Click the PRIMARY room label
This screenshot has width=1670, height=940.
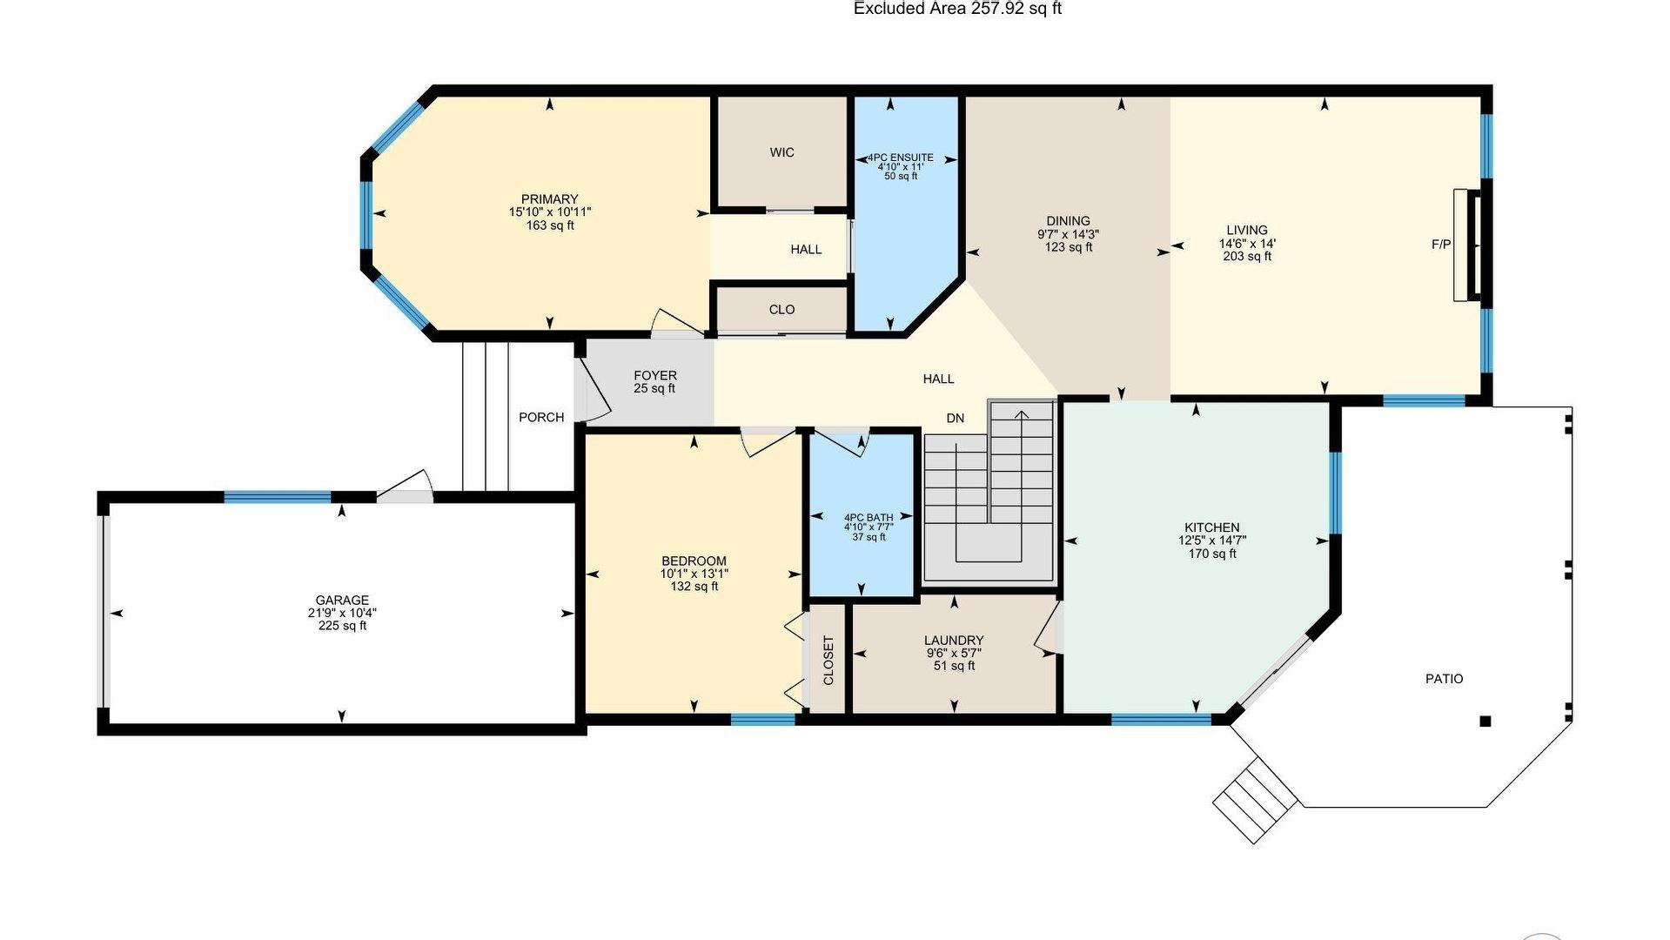tap(549, 199)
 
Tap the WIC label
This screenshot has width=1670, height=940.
tap(781, 152)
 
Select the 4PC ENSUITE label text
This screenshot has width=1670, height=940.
tap(901, 158)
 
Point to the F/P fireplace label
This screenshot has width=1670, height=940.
tap(1441, 245)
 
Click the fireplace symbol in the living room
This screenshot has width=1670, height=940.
tap(1468, 245)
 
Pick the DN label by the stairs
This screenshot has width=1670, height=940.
tap(956, 418)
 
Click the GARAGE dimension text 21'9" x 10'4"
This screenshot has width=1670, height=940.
tap(342, 613)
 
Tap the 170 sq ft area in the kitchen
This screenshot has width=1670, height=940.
tap(1212, 554)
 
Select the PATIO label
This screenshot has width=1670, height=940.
tap(1444, 679)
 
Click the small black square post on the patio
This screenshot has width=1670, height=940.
tap(1486, 721)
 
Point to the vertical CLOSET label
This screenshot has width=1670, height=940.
tap(828, 660)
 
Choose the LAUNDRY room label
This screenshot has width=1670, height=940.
tap(954, 640)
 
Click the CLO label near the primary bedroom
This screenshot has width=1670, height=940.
tap(781, 309)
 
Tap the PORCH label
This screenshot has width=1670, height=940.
tap(541, 417)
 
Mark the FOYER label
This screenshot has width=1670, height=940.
tap(654, 375)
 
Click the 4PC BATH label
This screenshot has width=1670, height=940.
tap(869, 518)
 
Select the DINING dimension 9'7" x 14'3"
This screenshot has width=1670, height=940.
tap(1068, 234)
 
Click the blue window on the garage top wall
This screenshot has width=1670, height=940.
tap(278, 497)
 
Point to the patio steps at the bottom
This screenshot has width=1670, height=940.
tap(1253, 800)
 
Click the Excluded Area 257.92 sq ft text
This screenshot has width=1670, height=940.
tap(957, 9)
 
